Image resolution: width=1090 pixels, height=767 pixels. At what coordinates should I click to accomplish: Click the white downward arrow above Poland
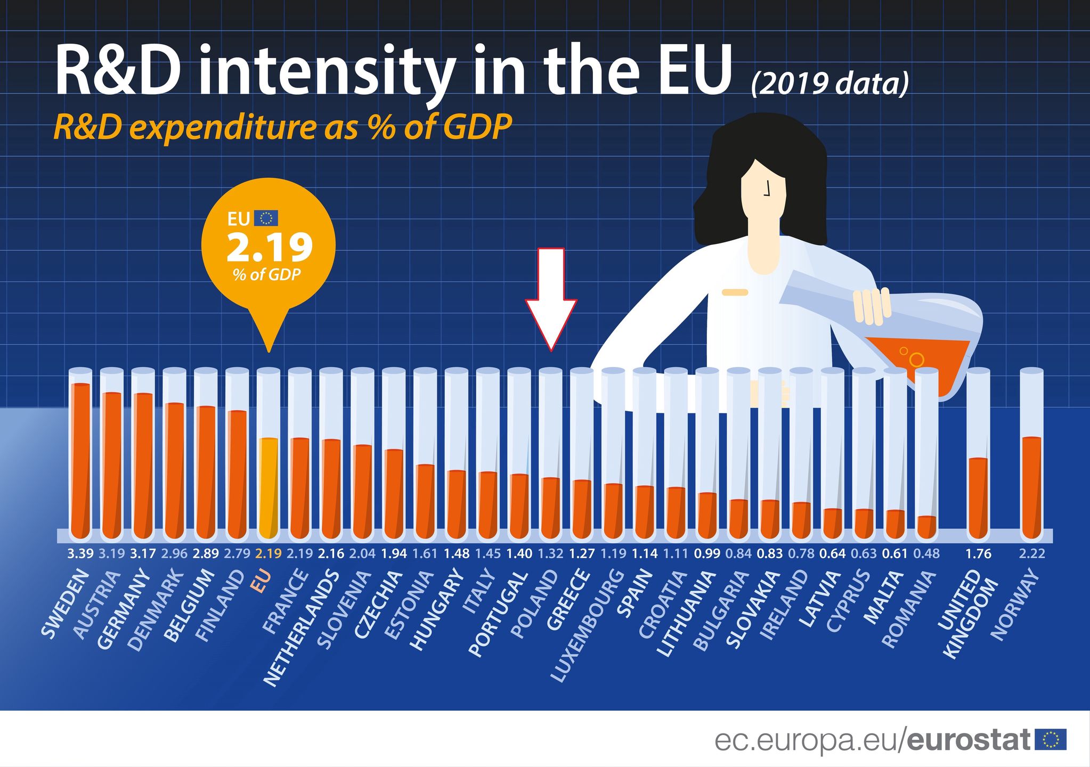pos(551,298)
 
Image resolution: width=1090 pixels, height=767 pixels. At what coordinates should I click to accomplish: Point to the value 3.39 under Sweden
pos(80,554)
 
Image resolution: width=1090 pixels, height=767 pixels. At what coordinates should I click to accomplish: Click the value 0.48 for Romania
pos(926,554)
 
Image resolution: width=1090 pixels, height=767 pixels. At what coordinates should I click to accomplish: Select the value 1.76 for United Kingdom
pos(978,554)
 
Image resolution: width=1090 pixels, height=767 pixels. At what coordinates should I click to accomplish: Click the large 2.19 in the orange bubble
pos(269,248)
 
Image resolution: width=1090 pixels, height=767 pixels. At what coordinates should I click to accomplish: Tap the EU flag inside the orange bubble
pos(266,218)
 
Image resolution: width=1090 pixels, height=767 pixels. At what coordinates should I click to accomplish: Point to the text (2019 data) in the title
pos(829,84)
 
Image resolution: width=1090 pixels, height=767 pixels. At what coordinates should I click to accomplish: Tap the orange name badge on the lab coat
pos(735,292)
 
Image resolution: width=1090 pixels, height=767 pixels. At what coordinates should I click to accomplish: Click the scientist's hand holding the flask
pos(872,306)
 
